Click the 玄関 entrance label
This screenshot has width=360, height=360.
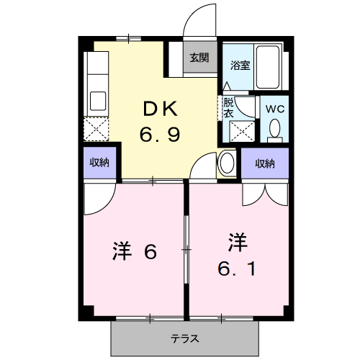point(199,58)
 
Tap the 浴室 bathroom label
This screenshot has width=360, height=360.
point(240,66)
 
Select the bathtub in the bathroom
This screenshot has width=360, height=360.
point(268,67)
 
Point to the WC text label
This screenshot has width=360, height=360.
point(275,109)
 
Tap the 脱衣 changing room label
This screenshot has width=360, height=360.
point(228,108)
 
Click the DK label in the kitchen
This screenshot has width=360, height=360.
point(161,109)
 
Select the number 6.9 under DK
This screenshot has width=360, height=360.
point(160,134)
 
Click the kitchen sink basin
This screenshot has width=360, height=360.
point(98,101)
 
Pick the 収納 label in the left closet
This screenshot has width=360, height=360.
point(99,163)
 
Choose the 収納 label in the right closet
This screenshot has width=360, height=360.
point(265,163)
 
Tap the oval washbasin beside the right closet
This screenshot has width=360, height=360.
point(227,163)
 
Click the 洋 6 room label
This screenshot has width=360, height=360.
point(135,251)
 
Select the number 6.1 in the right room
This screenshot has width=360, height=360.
point(237,269)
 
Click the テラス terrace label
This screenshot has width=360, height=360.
point(185,339)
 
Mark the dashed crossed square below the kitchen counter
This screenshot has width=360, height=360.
point(96,129)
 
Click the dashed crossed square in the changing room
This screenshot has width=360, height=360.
point(242,132)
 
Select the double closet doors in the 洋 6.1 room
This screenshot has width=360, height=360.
point(265,194)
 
